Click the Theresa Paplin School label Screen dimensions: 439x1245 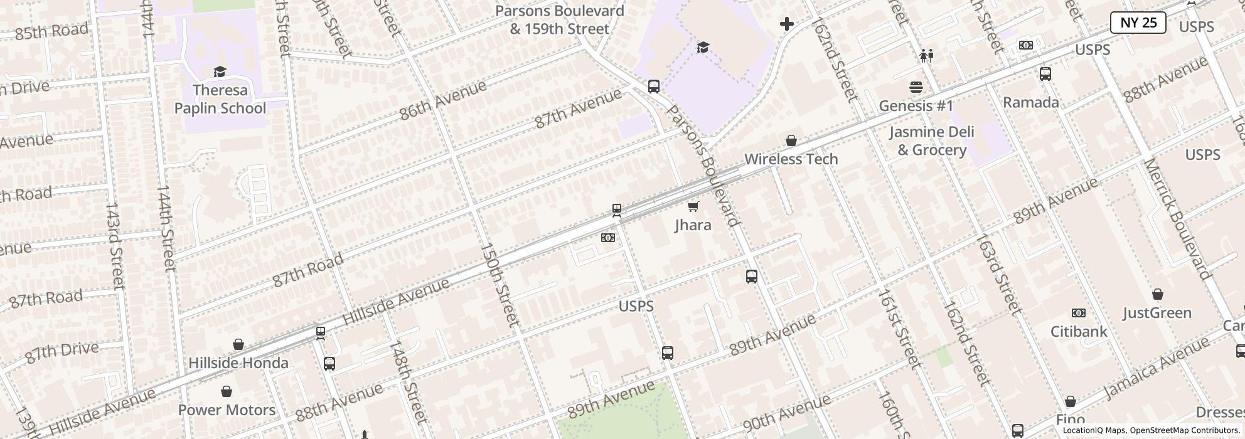point(220,99)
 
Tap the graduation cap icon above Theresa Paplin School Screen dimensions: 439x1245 point(220,72)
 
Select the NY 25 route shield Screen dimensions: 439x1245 point(1138,23)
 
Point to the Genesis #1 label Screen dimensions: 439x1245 point(916,105)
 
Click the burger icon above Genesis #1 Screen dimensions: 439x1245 point(916,87)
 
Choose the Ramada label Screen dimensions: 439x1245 point(1030,102)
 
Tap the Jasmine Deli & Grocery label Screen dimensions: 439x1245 point(931,140)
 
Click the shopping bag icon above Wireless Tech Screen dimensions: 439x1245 point(791,140)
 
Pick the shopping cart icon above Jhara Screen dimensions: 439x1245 point(693,206)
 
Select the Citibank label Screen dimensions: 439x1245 point(1079,331)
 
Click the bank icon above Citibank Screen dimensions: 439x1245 point(1078,312)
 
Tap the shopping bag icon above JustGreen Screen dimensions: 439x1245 point(1157,294)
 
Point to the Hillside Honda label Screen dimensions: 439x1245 point(238,363)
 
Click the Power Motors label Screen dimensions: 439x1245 point(227,410)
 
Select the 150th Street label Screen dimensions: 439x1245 point(500,284)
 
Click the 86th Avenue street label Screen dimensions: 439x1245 point(443,100)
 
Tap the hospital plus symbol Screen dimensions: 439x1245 point(786,24)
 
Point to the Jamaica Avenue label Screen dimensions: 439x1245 point(1156,368)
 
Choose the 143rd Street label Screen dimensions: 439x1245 point(113,245)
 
